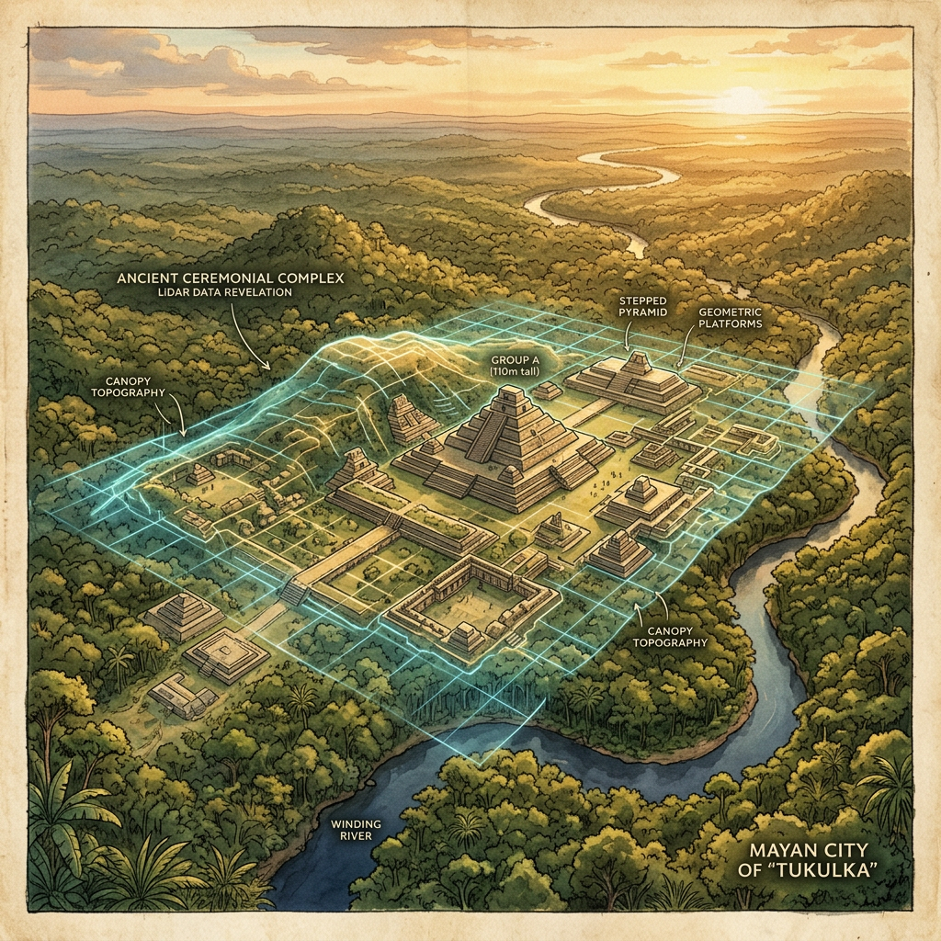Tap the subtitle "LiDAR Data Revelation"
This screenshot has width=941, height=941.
coord(225,291)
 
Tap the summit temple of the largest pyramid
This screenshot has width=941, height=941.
coord(505,402)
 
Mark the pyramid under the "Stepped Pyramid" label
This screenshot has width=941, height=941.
coord(634,377)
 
